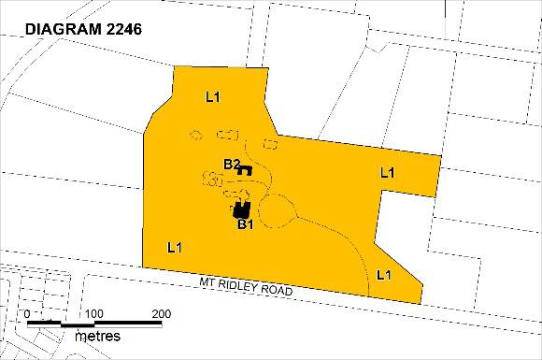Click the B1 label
point(246,224)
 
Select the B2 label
point(232,165)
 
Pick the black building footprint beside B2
point(246,170)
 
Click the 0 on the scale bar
point(28,312)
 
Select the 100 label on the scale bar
point(93,312)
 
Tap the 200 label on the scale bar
point(162,312)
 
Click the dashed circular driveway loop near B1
point(278,211)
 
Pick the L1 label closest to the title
point(212,96)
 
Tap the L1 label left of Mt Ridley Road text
point(174,248)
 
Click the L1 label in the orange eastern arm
point(388,172)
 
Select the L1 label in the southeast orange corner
point(383,274)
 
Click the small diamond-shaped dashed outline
point(195,137)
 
